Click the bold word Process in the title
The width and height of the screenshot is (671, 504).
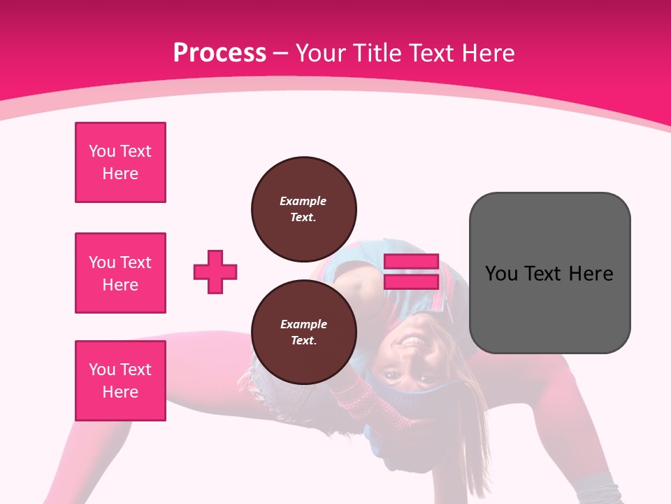pos(219,52)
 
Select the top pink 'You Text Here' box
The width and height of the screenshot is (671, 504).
pos(120,162)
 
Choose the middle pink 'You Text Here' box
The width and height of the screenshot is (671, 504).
pos(120,273)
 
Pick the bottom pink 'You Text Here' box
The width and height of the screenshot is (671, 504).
pos(120,381)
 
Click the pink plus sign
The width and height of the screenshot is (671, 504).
pos(215,272)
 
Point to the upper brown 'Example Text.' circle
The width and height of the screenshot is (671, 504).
pos(303,209)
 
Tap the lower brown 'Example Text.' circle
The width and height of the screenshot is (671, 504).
pos(303,332)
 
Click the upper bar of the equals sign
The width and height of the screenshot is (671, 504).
pos(411,262)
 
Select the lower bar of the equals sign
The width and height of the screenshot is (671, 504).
pos(411,281)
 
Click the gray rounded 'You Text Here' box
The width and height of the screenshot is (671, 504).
pos(549,273)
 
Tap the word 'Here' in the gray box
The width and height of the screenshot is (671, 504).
pos(591,273)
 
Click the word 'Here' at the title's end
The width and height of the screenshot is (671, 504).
pos(489,52)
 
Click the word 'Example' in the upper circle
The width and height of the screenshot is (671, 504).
pos(303,201)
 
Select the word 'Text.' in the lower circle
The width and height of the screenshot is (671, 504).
pos(303,340)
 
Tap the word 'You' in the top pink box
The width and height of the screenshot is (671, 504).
pos(102,151)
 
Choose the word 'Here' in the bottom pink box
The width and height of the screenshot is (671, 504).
pos(120,392)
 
